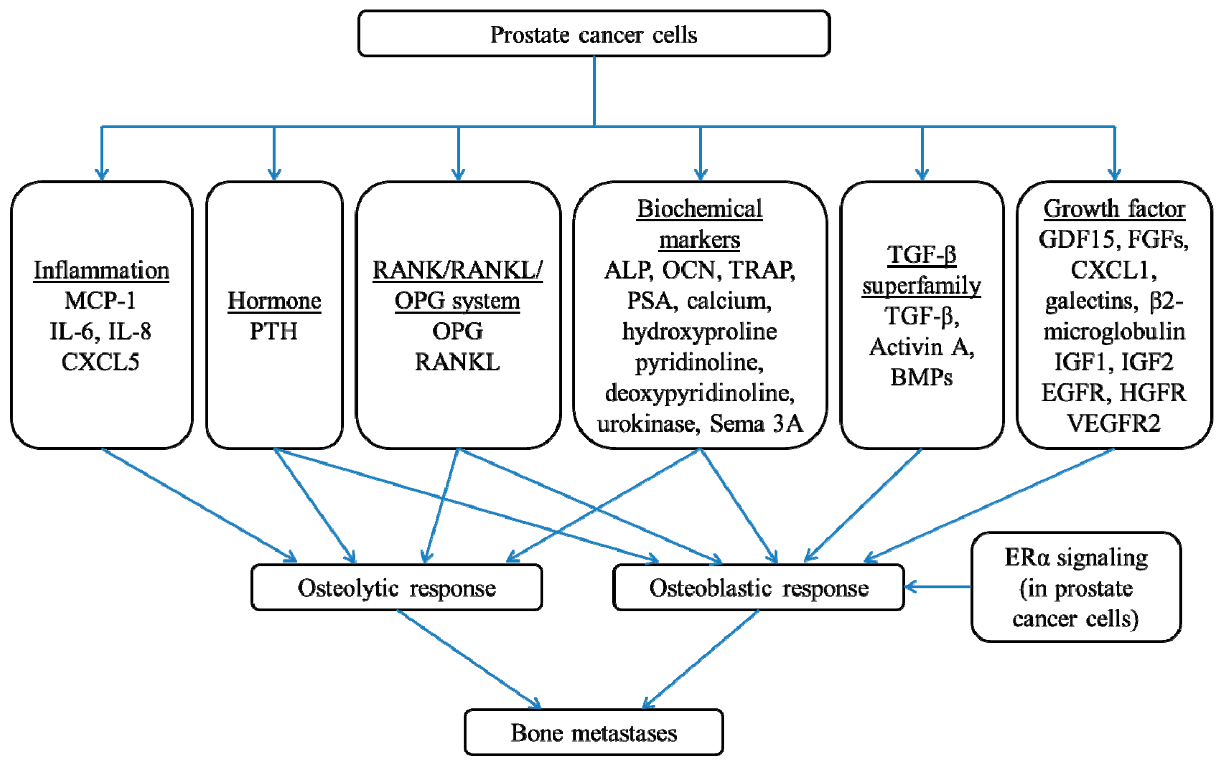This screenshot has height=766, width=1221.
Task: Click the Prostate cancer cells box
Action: (594, 33)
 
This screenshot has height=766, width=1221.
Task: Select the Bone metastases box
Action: (594, 732)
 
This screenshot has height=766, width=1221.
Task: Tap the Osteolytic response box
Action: (397, 587)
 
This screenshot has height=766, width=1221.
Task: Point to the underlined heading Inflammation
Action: (101, 270)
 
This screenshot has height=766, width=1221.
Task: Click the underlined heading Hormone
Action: (274, 300)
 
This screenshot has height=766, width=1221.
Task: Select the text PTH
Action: (274, 331)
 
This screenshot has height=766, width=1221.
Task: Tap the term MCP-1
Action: (100, 300)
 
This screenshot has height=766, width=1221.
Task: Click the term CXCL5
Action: (100, 362)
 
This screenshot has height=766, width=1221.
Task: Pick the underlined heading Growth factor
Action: (1114, 208)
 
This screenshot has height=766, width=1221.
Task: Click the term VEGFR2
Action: (1114, 423)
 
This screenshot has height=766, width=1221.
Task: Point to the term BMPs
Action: (921, 377)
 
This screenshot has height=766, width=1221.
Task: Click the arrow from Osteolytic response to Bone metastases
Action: (469, 659)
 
